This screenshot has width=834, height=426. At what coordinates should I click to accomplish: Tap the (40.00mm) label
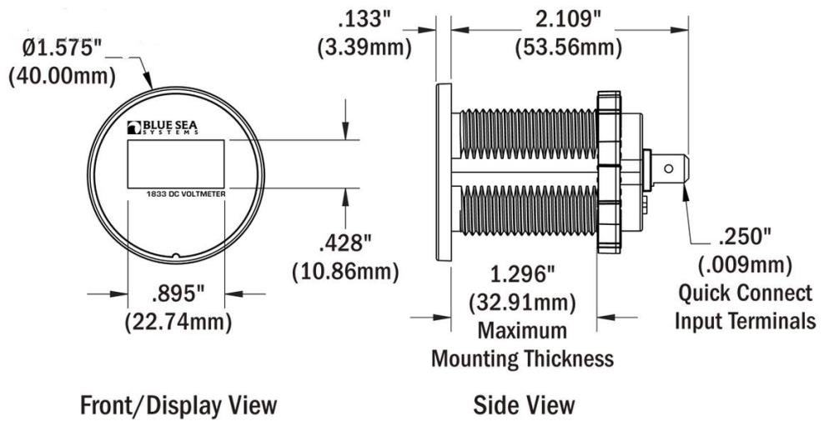[x=63, y=76]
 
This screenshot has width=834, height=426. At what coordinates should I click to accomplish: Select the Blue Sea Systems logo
[x=163, y=128]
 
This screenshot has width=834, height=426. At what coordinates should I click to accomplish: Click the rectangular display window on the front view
[x=175, y=163]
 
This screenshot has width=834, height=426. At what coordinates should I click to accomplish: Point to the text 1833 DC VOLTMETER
[x=186, y=194]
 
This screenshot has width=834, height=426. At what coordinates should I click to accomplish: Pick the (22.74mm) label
[x=178, y=321]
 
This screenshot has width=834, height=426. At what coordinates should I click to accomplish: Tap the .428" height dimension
[x=344, y=244]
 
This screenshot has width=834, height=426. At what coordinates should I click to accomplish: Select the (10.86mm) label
[x=345, y=272]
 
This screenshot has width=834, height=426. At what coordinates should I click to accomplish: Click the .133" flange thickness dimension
[x=364, y=21]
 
